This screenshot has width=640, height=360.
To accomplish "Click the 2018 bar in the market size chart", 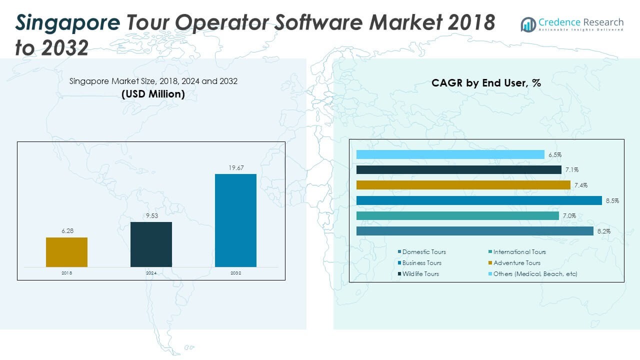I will pos(66,252).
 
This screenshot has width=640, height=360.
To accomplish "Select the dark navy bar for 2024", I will pos(151,244).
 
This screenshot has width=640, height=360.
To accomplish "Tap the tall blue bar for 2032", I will pos(235,220).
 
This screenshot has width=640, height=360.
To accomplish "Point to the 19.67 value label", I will pos(235,168).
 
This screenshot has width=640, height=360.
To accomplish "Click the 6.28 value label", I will pos(66,231).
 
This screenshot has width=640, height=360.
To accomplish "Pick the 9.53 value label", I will pos(151,216).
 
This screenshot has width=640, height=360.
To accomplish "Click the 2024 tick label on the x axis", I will pos(151,273).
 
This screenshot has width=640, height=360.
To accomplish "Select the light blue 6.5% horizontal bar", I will pos(450,154).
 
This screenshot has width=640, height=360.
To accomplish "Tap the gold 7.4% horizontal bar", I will pos(463,185).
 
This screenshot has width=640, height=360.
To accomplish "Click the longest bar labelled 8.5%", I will pos(478,200).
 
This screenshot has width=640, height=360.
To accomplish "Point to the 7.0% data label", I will pos(569,216).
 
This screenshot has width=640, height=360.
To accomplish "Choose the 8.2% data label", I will pos(603,231).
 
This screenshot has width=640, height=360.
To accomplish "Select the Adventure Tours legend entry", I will pos(516,263).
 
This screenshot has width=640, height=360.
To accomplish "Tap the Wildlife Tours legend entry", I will pos(420,274).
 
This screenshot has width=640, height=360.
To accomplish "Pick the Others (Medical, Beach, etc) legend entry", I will pos(535,274).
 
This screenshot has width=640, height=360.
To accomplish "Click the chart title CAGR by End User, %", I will pos(486,83).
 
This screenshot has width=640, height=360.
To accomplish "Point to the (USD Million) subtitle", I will pos(153,94).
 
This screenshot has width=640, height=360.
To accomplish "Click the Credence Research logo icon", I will pos(528,24).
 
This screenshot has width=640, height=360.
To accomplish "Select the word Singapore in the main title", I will pos(67,22).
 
